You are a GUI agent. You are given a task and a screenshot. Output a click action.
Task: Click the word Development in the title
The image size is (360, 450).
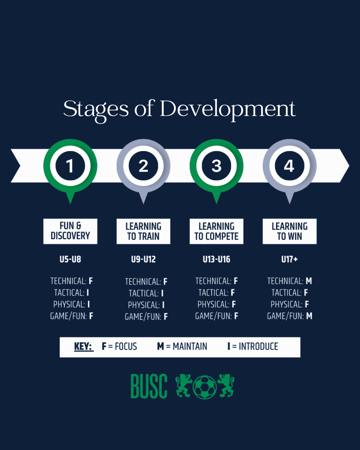228,109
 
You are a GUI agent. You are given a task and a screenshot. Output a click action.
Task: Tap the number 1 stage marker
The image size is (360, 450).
70,166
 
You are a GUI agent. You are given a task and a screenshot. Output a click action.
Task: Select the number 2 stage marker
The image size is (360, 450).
143,166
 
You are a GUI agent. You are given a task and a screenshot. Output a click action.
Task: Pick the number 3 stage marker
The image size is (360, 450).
216,166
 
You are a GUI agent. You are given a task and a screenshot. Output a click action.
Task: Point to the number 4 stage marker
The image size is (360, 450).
289,166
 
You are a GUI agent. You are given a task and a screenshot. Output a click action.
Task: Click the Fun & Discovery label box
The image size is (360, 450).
70,231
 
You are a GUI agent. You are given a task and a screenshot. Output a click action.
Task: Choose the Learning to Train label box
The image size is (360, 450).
143,231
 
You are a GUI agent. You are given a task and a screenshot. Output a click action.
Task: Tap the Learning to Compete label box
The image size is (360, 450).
216,231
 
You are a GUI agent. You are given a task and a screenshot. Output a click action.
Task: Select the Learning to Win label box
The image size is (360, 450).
289,231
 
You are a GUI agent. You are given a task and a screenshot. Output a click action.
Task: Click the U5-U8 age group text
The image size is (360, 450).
70,259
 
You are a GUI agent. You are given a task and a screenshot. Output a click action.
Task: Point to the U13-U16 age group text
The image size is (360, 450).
216,259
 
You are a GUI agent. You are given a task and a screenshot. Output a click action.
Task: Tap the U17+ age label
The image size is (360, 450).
289,259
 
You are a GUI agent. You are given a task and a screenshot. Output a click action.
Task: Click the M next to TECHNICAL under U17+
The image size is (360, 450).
309,281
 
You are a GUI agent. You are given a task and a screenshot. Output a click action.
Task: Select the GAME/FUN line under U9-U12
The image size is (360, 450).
146,317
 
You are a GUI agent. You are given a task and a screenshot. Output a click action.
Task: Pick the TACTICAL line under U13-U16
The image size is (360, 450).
216,293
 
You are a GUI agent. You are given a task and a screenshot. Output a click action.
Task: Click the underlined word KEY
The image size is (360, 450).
83,347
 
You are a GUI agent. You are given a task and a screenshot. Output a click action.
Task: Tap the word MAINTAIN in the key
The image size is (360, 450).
190,347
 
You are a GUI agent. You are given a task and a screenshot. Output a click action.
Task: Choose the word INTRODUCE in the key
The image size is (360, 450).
258,347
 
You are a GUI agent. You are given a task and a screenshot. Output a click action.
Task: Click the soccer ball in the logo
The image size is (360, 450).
205,387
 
